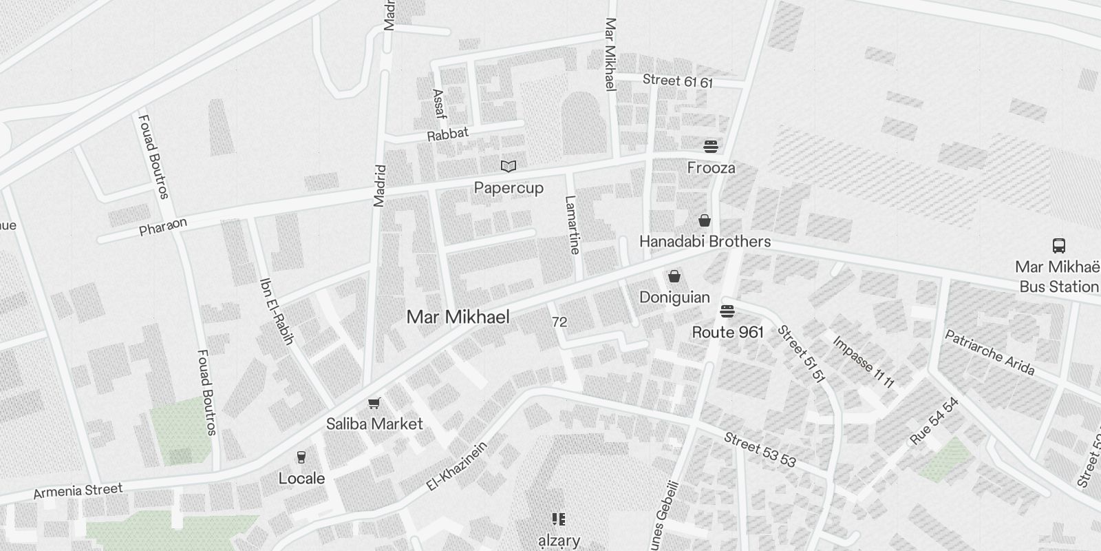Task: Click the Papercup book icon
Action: (509, 166)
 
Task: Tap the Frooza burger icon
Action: (711, 146)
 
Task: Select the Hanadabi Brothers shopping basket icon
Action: (705, 220)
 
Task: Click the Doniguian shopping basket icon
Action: (674, 276)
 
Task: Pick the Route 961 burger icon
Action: (727, 311)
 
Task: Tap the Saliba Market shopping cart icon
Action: (374, 403)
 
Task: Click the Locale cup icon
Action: (301, 457)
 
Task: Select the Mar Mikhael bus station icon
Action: (1058, 245)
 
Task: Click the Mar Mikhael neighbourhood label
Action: (458, 317)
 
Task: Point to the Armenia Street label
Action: (78, 491)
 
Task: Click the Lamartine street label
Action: (572, 225)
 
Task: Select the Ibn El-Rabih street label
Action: (277, 311)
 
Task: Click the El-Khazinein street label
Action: (456, 466)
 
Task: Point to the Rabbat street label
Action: (447, 134)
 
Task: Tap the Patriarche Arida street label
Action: (990, 353)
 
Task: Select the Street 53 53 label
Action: (760, 449)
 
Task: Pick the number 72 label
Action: (559, 322)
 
